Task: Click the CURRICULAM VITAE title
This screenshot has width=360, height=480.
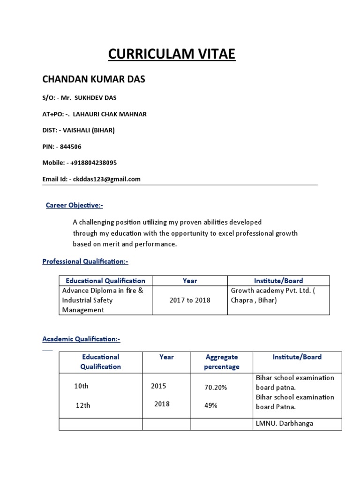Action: coord(172,54)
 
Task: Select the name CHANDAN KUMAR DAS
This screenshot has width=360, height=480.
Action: coord(94,79)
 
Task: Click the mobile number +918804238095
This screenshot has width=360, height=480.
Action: coord(93,163)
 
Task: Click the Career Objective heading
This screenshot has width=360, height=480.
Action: coord(74,205)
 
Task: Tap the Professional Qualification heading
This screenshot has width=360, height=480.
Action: coord(85,261)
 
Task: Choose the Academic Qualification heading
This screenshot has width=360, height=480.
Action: coord(82,338)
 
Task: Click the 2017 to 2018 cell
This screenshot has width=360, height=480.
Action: coord(189,300)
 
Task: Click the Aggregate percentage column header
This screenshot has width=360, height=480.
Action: coord(221,362)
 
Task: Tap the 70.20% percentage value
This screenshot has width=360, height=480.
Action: coord(216,388)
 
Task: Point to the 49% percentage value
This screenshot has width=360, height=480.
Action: coord(210,405)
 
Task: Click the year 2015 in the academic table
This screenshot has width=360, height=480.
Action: coord(158,386)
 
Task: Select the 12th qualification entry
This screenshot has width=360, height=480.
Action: coord(83,405)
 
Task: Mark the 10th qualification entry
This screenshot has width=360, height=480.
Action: coord(81,386)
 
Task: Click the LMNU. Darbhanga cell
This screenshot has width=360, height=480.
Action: coord(284,423)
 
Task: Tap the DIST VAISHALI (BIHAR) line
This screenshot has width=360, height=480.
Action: coord(78,130)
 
